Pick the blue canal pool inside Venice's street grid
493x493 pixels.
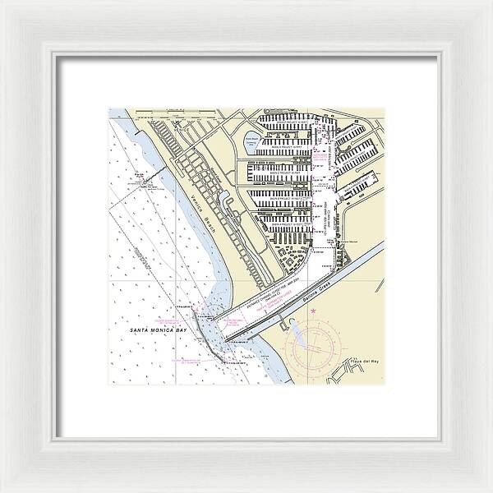[x=225, y=200]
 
